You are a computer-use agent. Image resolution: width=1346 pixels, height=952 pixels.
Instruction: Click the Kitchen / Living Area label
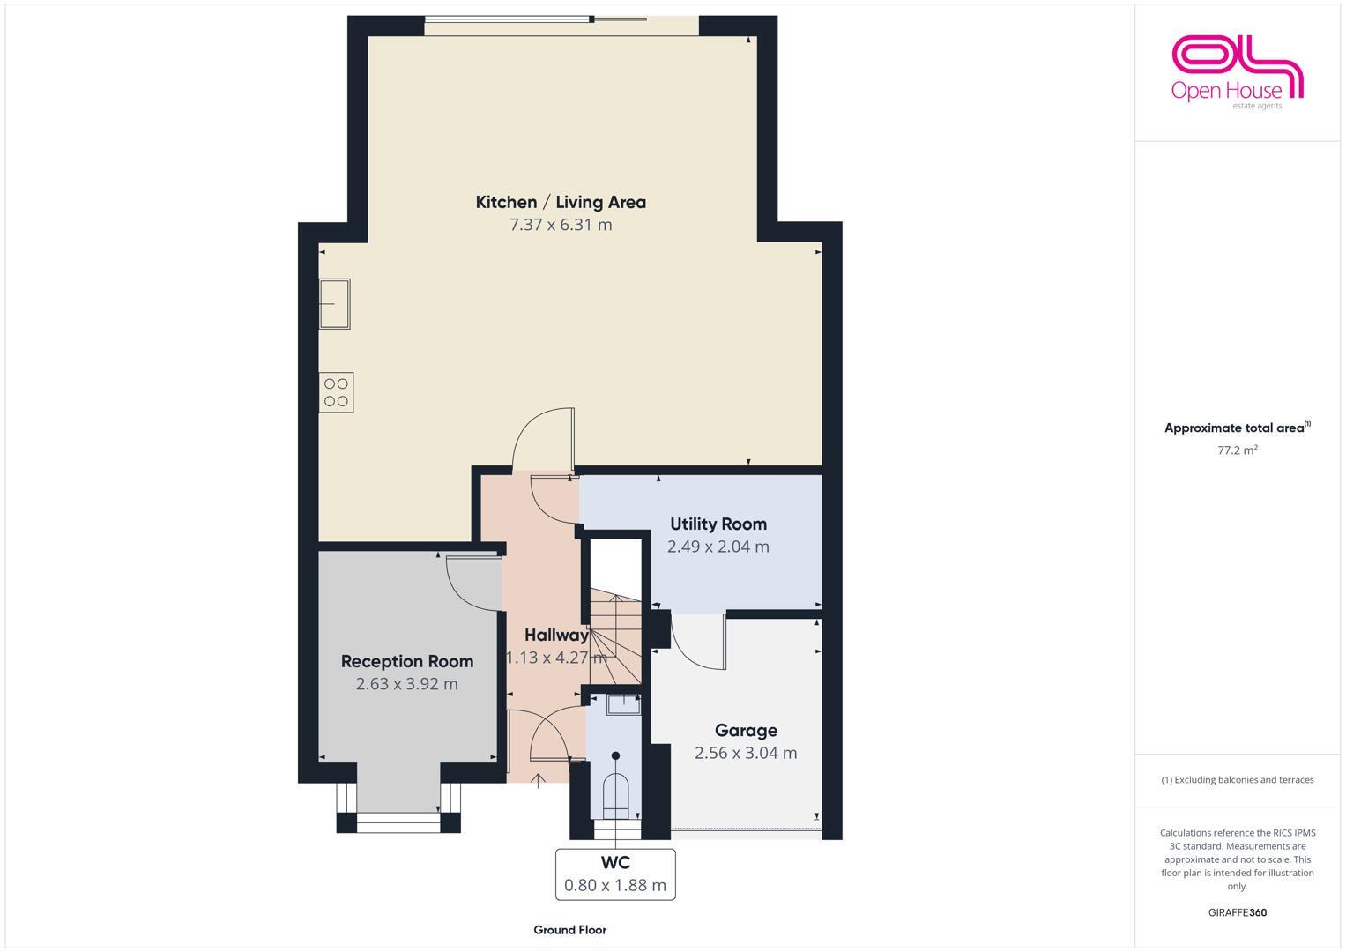pyautogui.click(x=561, y=202)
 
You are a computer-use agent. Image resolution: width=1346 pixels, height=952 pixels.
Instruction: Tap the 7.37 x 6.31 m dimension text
pyautogui.click(x=561, y=225)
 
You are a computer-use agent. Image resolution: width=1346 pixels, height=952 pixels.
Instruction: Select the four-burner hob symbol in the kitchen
pyautogui.click(x=336, y=392)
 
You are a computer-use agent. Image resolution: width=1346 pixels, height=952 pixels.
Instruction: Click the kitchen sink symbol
pyautogui.click(x=335, y=303)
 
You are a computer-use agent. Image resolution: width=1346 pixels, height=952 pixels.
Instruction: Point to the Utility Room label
pyautogui.click(x=718, y=524)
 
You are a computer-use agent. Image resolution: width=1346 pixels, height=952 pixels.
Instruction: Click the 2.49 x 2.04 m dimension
pyautogui.click(x=718, y=547)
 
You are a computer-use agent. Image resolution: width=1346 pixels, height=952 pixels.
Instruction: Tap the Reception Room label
pyautogui.click(x=407, y=661)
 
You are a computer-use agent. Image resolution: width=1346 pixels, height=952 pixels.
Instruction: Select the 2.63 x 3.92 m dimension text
pyautogui.click(x=407, y=684)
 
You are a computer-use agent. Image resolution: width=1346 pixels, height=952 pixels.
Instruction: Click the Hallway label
pyautogui.click(x=555, y=635)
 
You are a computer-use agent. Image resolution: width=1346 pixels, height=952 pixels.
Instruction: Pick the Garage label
pyautogui.click(x=746, y=730)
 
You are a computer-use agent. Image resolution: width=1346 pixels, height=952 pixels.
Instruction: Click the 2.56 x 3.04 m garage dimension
pyautogui.click(x=746, y=753)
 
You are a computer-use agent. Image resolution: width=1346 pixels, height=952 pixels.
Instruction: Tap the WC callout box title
pyautogui.click(x=615, y=862)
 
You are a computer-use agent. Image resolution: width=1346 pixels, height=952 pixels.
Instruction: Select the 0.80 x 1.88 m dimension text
pyautogui.click(x=615, y=885)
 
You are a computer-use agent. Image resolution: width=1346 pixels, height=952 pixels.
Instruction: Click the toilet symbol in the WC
pyautogui.click(x=615, y=789)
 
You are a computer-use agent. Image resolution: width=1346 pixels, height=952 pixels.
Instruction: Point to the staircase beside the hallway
pyautogui.click(x=615, y=635)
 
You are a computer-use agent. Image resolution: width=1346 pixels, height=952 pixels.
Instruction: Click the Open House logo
pyautogui.click(x=1237, y=71)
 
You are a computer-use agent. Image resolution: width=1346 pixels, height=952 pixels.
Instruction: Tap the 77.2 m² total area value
pyautogui.click(x=1237, y=450)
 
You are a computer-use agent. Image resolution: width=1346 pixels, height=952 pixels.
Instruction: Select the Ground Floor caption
pyautogui.click(x=569, y=930)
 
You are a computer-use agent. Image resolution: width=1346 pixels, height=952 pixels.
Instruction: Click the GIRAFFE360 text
pyautogui.click(x=1237, y=912)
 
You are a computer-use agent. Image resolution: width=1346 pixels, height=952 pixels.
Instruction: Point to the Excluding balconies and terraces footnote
pyautogui.click(x=1237, y=780)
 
